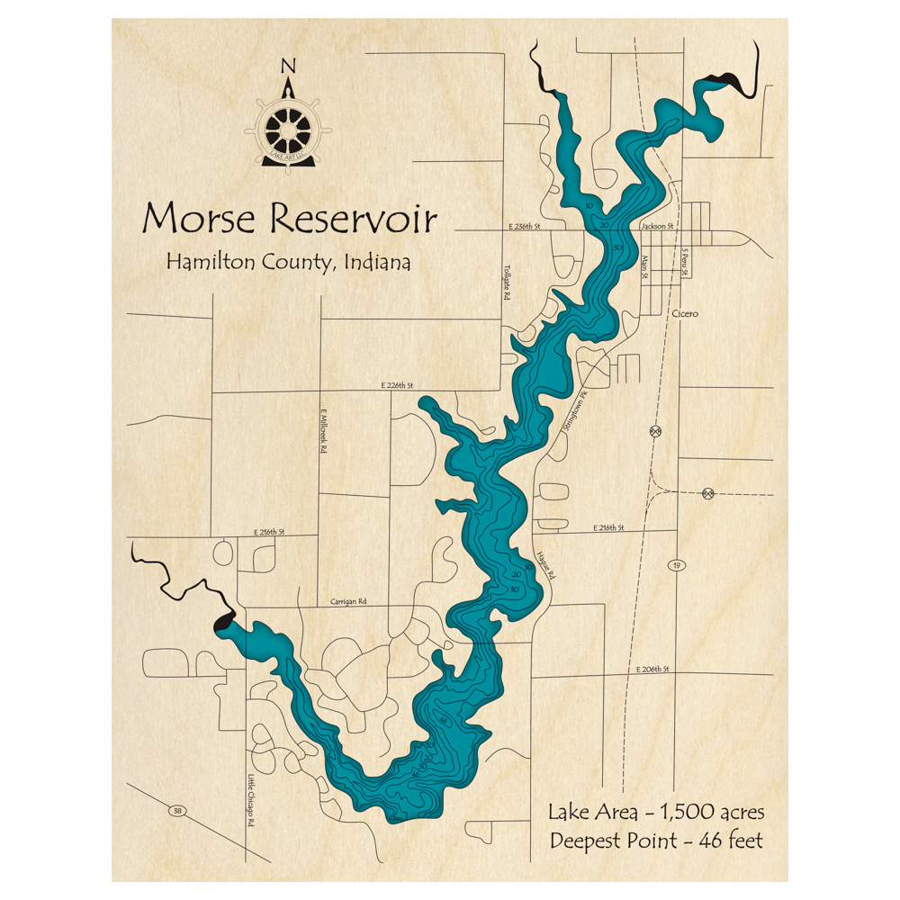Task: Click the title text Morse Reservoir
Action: (x=290, y=219)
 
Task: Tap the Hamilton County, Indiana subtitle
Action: (x=288, y=263)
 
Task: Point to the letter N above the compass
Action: (x=288, y=66)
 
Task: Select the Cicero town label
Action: (x=685, y=314)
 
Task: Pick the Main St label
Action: (x=644, y=268)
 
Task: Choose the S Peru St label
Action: (x=685, y=262)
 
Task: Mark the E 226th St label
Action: (x=396, y=385)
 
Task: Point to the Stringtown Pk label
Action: (x=573, y=412)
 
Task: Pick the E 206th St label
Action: (x=653, y=670)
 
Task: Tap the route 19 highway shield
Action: (x=674, y=565)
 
